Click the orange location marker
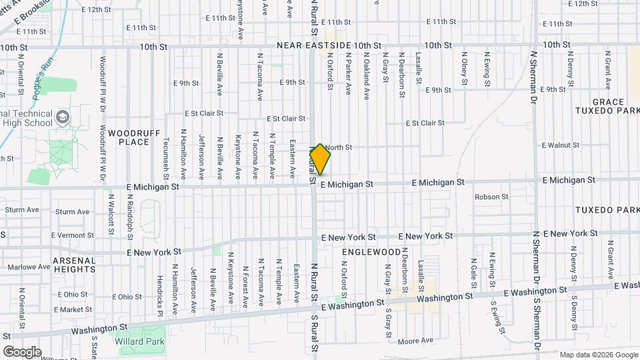point(321,159)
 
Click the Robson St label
point(491,197)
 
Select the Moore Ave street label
point(415,341)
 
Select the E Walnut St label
point(561,145)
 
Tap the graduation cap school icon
point(63,118)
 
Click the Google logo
point(22,351)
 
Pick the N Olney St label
point(465,69)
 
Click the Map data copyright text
point(598,355)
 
